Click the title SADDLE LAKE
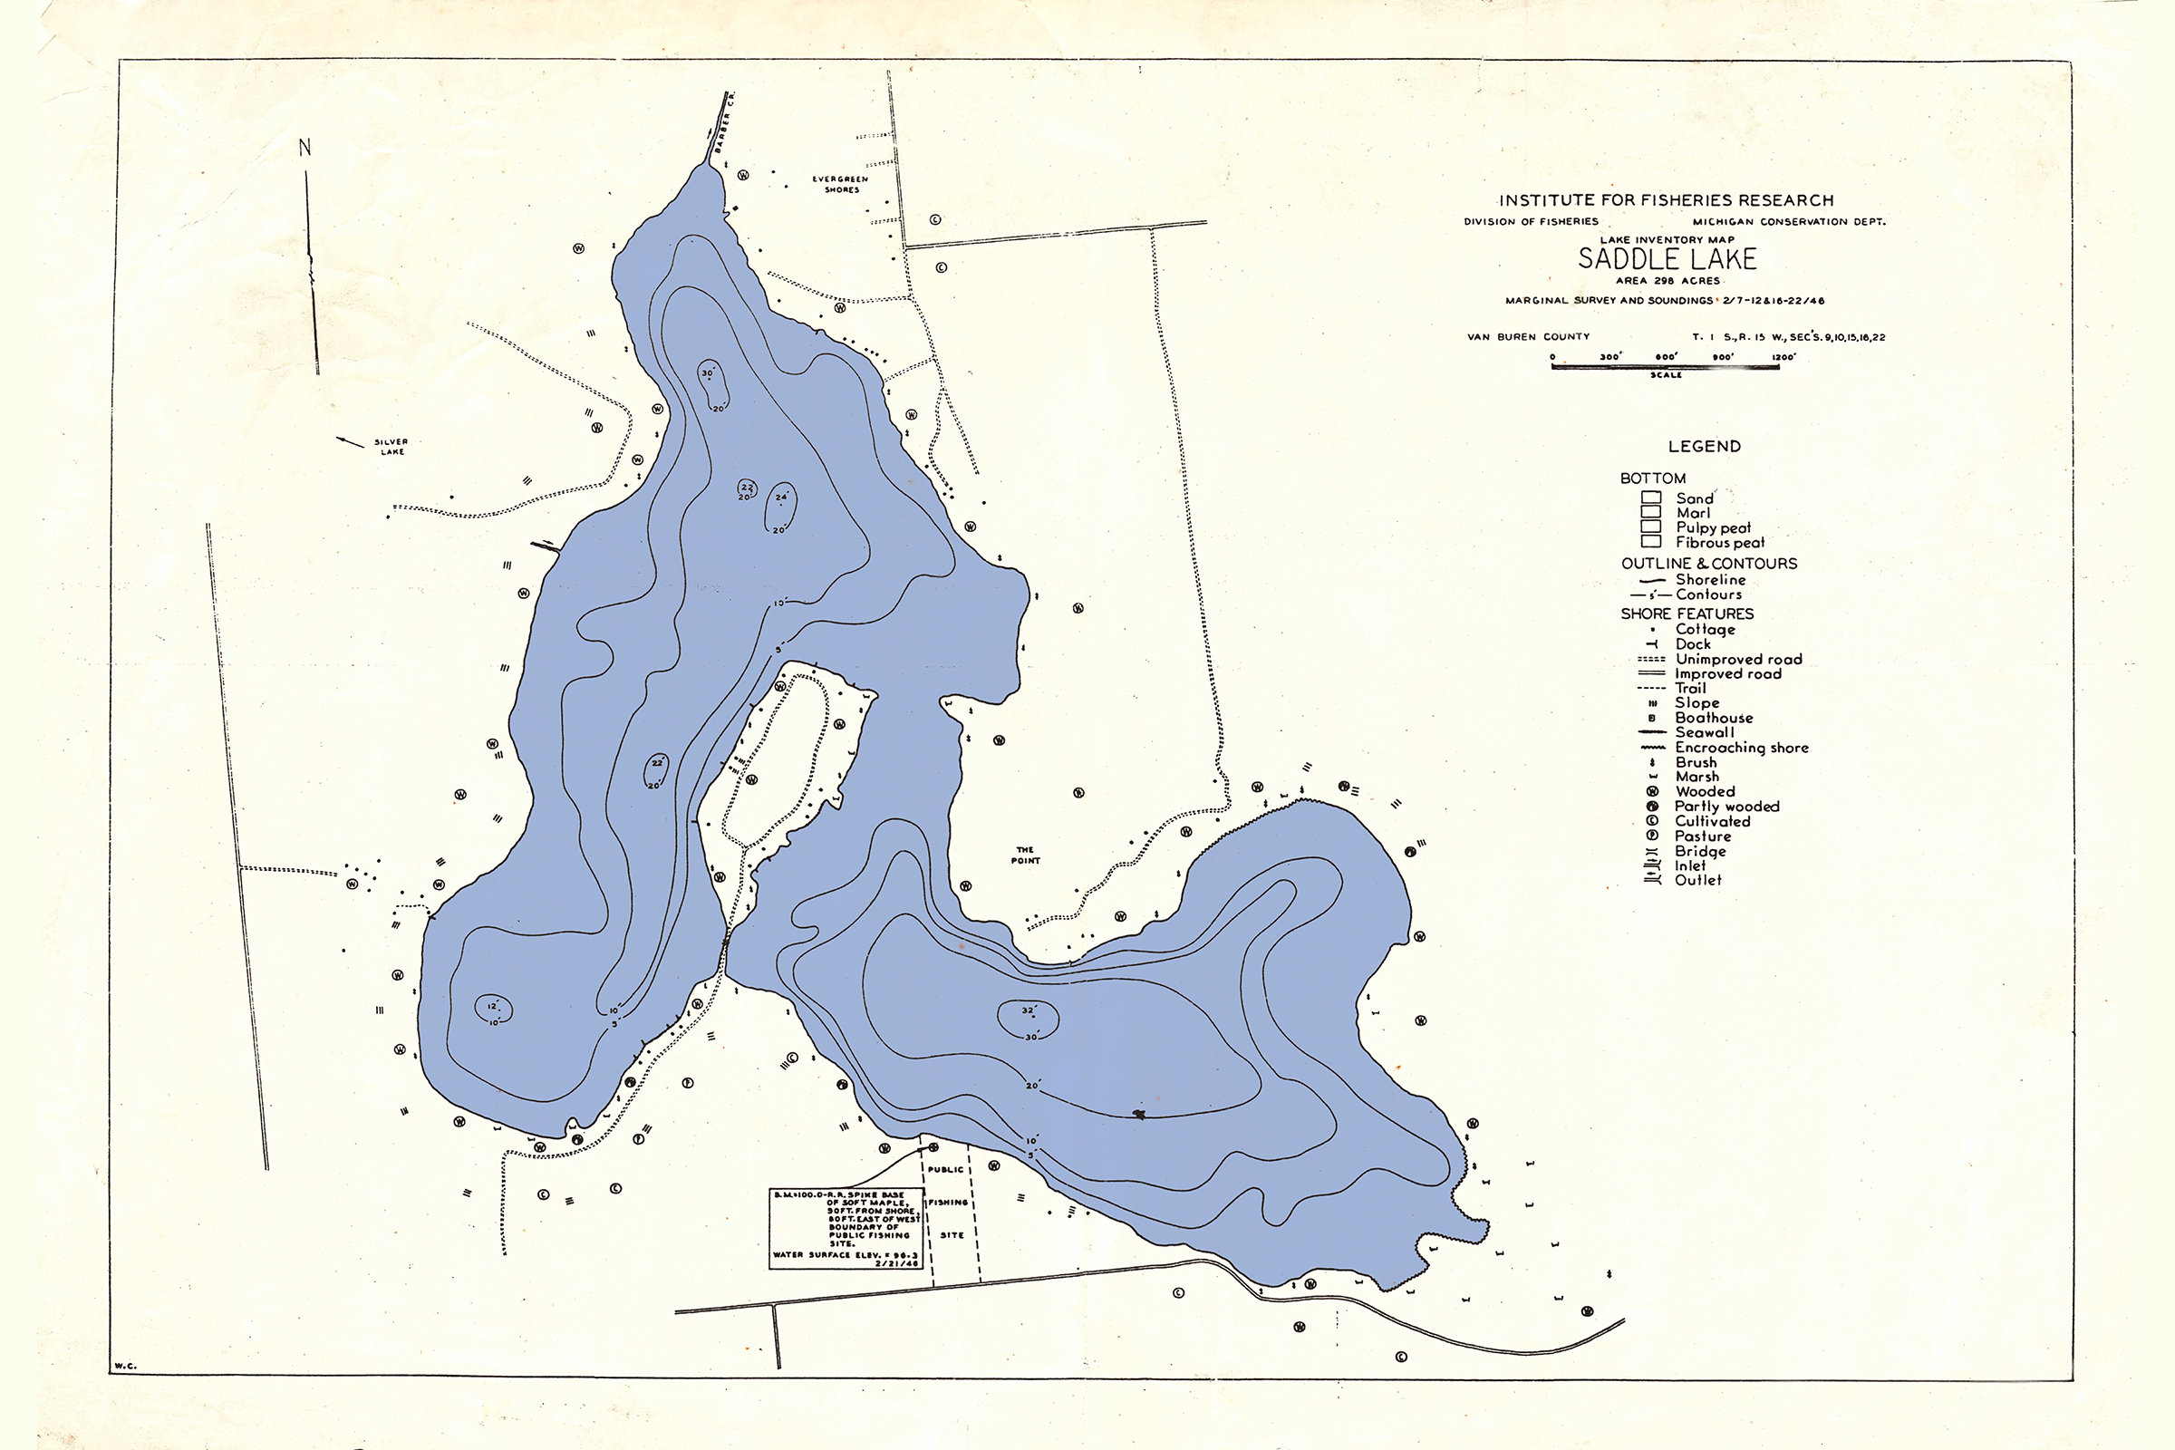(1667, 259)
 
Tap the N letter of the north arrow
(305, 147)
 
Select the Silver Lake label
(391, 447)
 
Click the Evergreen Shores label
(841, 184)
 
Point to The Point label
(1025, 855)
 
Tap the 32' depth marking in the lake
(1029, 1010)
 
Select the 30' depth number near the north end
(708, 373)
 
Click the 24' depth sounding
(781, 497)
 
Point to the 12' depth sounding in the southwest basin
(492, 1005)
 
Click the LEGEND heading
(1705, 447)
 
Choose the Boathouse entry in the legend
(1714, 718)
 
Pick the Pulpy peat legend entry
(1714, 528)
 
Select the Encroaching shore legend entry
(1741, 747)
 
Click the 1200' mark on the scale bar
(1783, 356)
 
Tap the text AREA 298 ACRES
(1667, 280)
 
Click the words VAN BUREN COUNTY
(1528, 336)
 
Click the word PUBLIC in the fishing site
(945, 1170)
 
